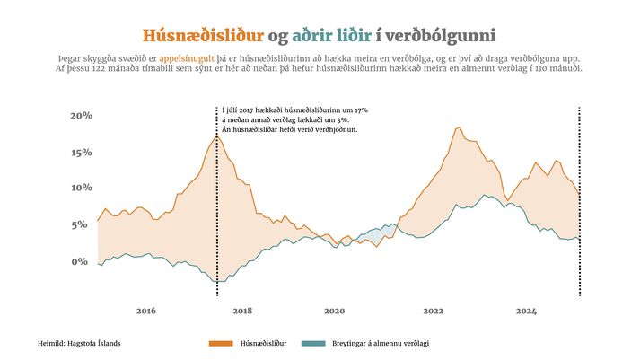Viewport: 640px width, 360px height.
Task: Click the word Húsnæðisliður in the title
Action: pyautogui.click(x=203, y=36)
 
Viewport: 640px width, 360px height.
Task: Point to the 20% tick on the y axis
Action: pyautogui.click(x=82, y=116)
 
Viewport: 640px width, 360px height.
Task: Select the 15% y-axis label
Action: pyautogui.click(x=82, y=152)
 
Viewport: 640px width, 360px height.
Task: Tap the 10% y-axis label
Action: pyautogui.click(x=82, y=188)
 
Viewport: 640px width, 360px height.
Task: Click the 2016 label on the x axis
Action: pyautogui.click(x=146, y=311)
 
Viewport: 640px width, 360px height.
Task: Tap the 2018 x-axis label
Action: pyautogui.click(x=242, y=311)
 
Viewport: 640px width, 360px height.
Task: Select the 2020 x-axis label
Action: pyautogui.click(x=334, y=311)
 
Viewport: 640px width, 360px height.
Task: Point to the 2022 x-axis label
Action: pyautogui.click(x=433, y=311)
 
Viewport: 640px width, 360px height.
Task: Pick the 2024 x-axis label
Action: pyautogui.click(x=526, y=311)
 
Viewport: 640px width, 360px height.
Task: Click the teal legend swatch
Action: pyautogui.click(x=311, y=343)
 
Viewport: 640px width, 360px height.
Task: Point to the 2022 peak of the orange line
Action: pyautogui.click(x=458, y=127)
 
